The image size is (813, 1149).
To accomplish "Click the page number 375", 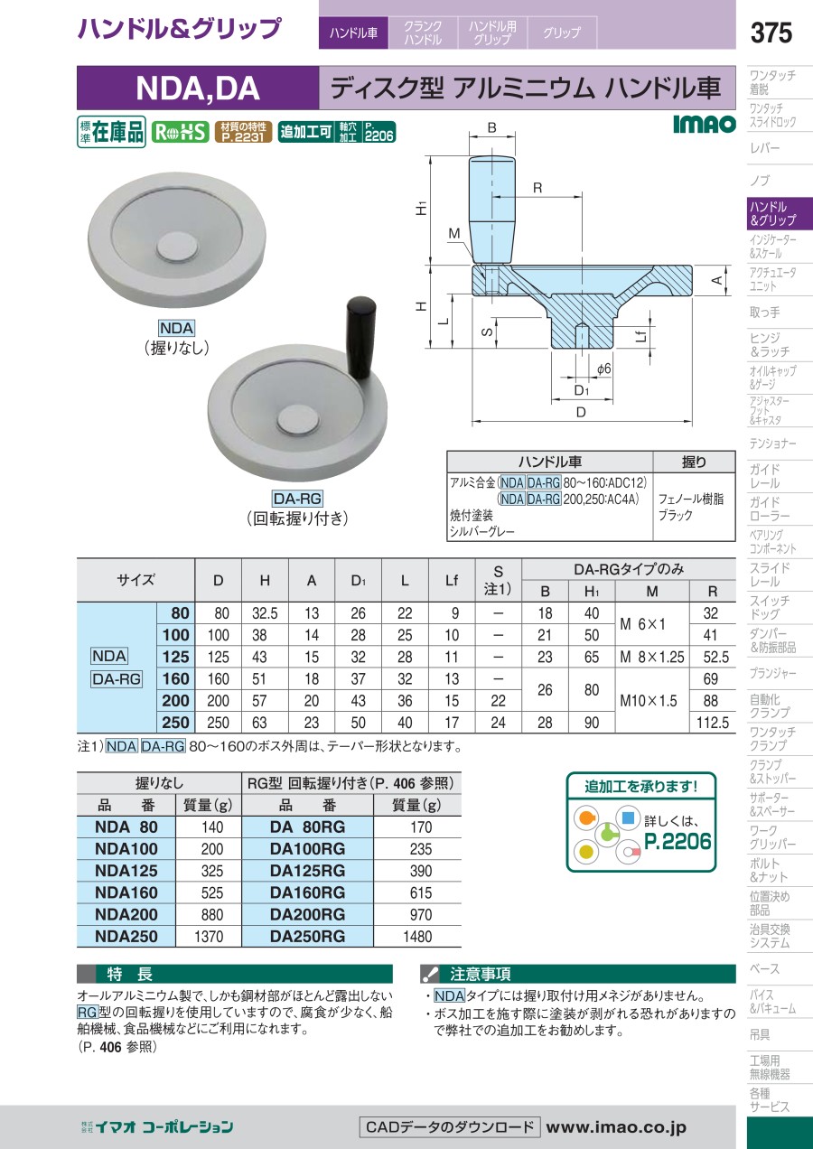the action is click(771, 33).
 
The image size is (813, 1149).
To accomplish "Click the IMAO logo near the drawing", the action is click(705, 124).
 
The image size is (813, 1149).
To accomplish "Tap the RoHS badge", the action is click(180, 132).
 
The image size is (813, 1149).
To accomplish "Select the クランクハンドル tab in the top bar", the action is click(423, 33).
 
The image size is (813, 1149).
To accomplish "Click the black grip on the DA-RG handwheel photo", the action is click(360, 337).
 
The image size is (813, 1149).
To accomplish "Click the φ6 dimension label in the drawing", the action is click(603, 369).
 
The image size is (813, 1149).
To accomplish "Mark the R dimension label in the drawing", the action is click(537, 188).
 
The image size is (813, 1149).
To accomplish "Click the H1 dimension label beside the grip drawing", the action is click(421, 209).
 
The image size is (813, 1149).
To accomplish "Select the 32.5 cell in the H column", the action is click(265, 613).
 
